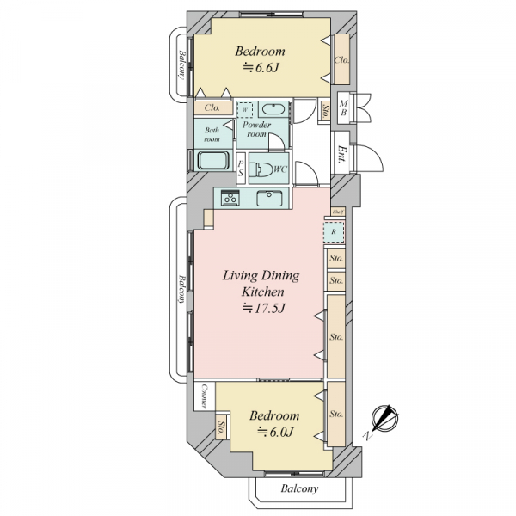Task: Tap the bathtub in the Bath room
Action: pos(213,161)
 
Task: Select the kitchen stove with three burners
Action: pos(230,198)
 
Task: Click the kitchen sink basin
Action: pos(269,198)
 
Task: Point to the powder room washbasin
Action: pos(273,109)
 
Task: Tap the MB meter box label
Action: pos(343,108)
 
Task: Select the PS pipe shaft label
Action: pos(241,169)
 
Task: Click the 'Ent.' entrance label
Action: pos(342,154)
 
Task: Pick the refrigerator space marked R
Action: pos(334,232)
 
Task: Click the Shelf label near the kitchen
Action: pos(338,212)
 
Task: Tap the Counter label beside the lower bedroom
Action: pos(204,396)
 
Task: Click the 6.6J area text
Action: pos(261,68)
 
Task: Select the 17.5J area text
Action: pos(263,309)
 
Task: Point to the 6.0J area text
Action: pos(275,432)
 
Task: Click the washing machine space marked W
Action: pos(245,110)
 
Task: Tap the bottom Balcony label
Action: pos(299,488)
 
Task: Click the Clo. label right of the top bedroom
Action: pos(341,60)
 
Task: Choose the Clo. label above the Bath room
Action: pos(212,108)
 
